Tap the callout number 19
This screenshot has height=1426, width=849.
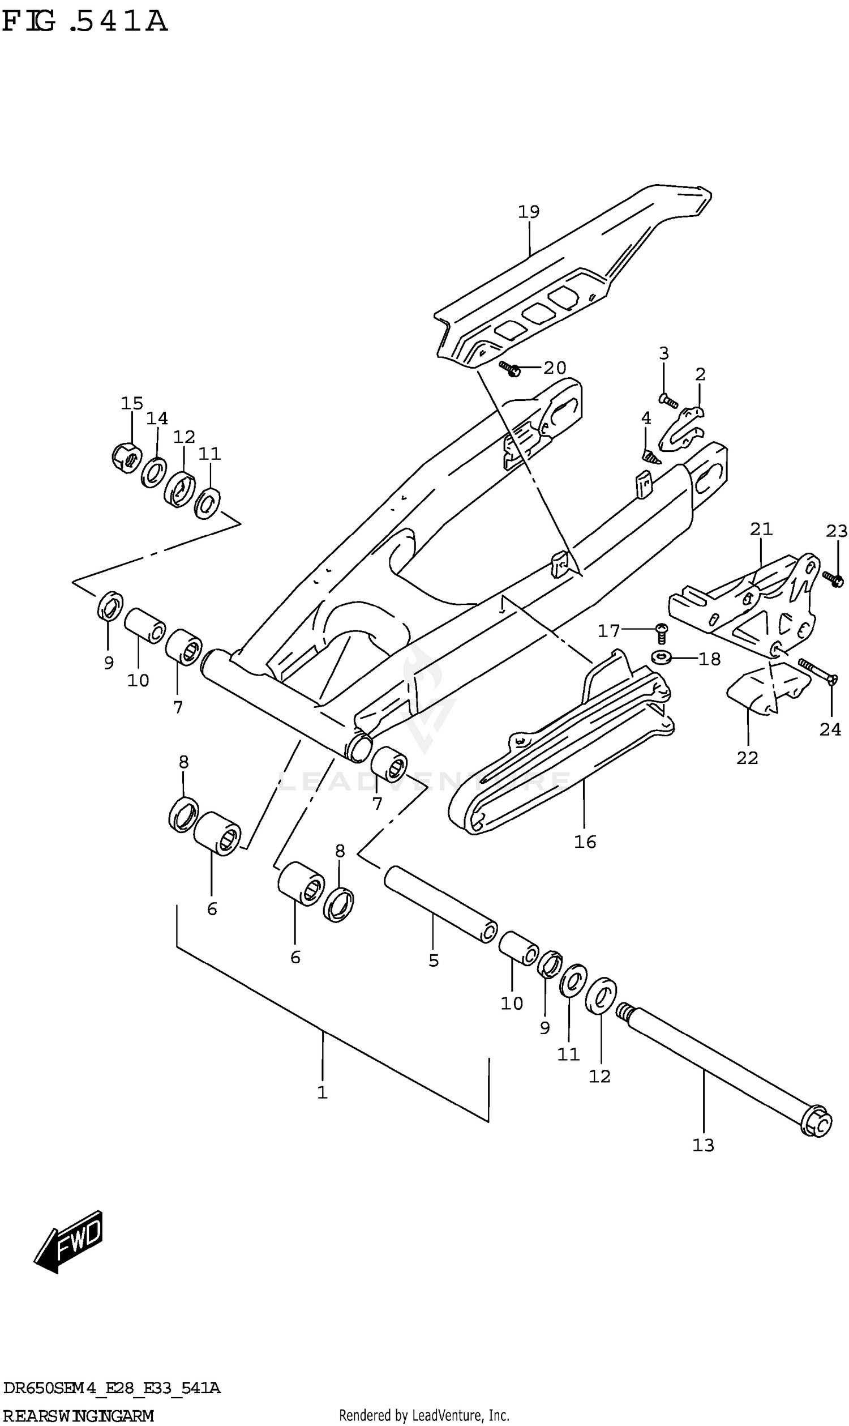point(529,212)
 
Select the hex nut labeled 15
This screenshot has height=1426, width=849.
point(126,456)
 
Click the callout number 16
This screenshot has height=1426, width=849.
point(585,842)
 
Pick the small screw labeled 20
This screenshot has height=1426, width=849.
point(509,369)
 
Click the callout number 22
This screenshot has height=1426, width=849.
point(747,758)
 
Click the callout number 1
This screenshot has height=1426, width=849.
point(322,1092)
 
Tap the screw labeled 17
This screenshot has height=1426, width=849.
point(661,631)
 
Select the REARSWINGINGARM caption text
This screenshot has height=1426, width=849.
point(78,1416)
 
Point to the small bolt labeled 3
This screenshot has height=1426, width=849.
point(669,401)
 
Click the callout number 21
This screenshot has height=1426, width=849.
point(761,529)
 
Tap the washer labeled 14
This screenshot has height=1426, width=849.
point(154,472)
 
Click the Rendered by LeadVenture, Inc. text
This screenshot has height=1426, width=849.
point(424,1416)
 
